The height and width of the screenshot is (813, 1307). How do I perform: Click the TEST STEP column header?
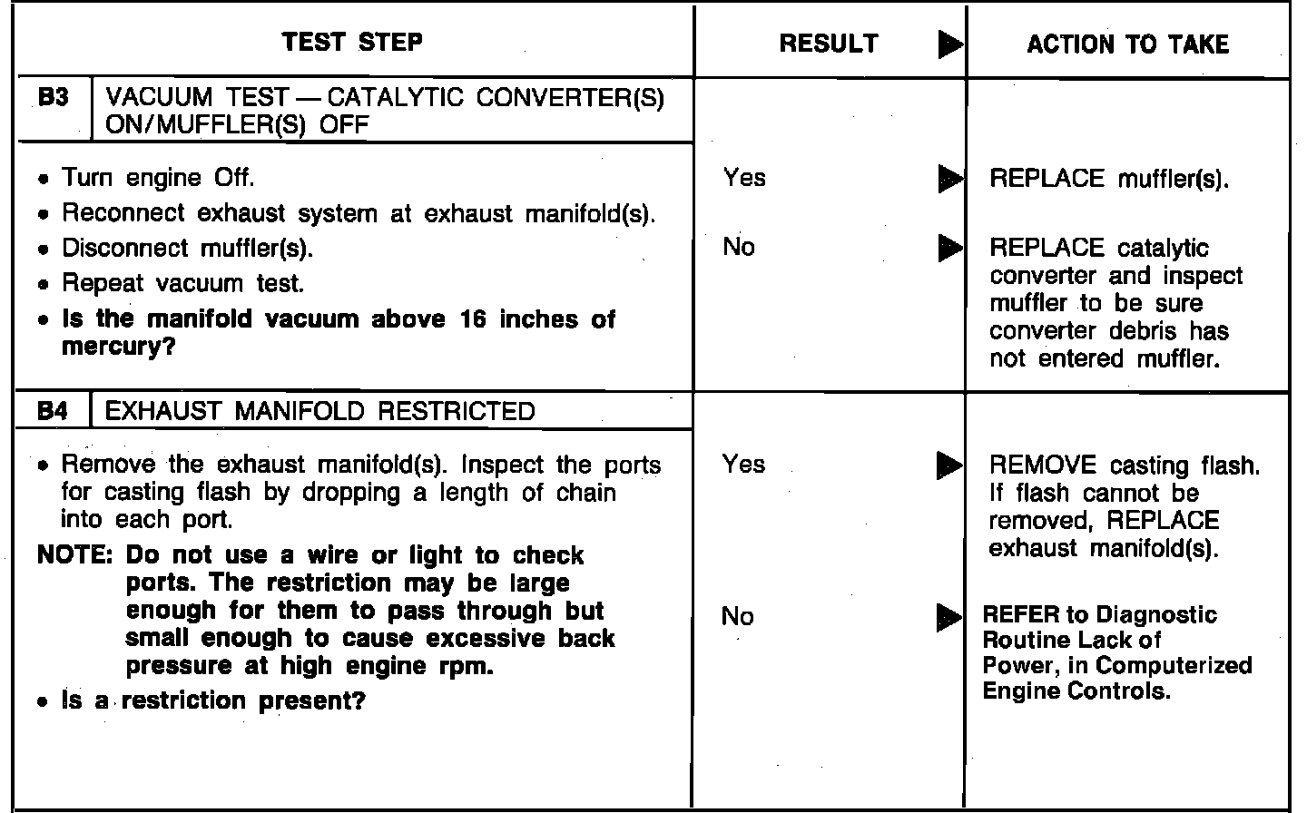[x=352, y=43]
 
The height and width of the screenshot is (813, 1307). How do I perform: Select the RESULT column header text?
[x=829, y=44]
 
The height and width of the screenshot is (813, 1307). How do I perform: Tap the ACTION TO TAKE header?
[x=1127, y=44]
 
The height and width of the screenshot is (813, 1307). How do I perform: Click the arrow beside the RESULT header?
[x=949, y=44]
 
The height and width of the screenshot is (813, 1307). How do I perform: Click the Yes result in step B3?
[x=744, y=178]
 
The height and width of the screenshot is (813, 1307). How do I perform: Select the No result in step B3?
[x=739, y=247]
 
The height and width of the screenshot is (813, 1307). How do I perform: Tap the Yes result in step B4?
[x=743, y=465]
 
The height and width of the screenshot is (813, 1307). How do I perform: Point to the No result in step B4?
[x=737, y=617]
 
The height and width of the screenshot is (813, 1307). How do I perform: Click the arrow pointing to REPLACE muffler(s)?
[x=949, y=178]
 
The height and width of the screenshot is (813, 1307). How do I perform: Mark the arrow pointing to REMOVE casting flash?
[x=949, y=465]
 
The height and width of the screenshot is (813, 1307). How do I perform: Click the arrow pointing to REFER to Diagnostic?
[x=949, y=618]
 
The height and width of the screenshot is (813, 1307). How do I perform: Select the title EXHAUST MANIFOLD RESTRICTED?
[x=320, y=412]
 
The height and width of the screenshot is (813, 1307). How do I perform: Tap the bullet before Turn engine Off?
[x=44, y=179]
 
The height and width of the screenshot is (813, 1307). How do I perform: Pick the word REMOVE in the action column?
[x=1042, y=465]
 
